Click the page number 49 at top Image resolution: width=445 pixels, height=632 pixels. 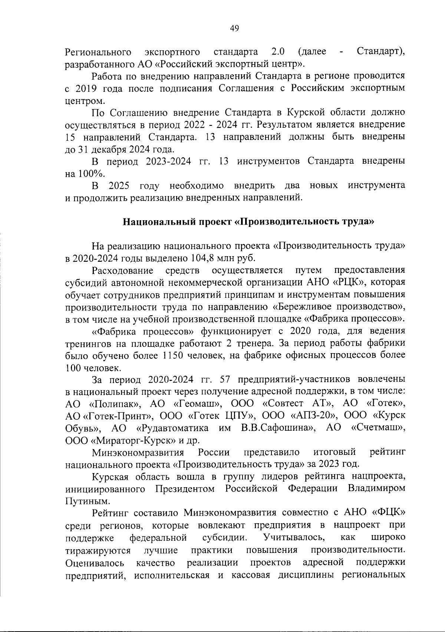click(234, 28)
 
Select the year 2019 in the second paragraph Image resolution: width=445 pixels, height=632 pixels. click(87, 88)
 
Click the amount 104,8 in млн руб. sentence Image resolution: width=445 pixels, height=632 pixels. click(204, 258)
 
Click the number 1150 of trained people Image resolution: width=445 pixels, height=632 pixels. click(173, 355)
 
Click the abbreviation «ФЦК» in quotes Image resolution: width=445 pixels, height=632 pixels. click(388, 513)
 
